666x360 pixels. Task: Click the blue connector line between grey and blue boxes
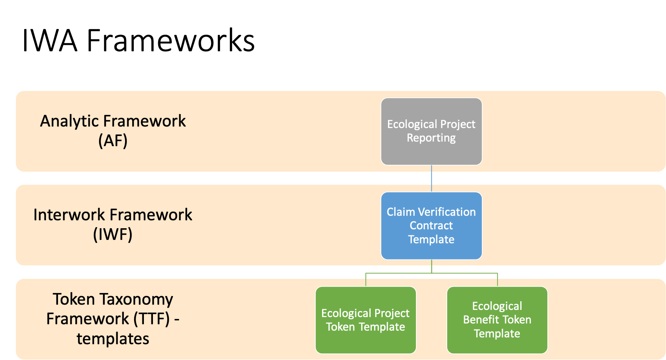(x=431, y=178)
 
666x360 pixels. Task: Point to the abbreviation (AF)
(x=113, y=141)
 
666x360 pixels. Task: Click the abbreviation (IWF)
(x=113, y=234)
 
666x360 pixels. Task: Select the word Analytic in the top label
(x=69, y=121)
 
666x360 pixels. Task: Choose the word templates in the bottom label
(x=113, y=339)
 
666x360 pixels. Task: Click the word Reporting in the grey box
(x=431, y=138)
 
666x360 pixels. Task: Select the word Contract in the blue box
(x=431, y=226)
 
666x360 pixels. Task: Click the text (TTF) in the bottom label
(x=151, y=319)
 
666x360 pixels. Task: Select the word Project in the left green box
(x=392, y=313)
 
